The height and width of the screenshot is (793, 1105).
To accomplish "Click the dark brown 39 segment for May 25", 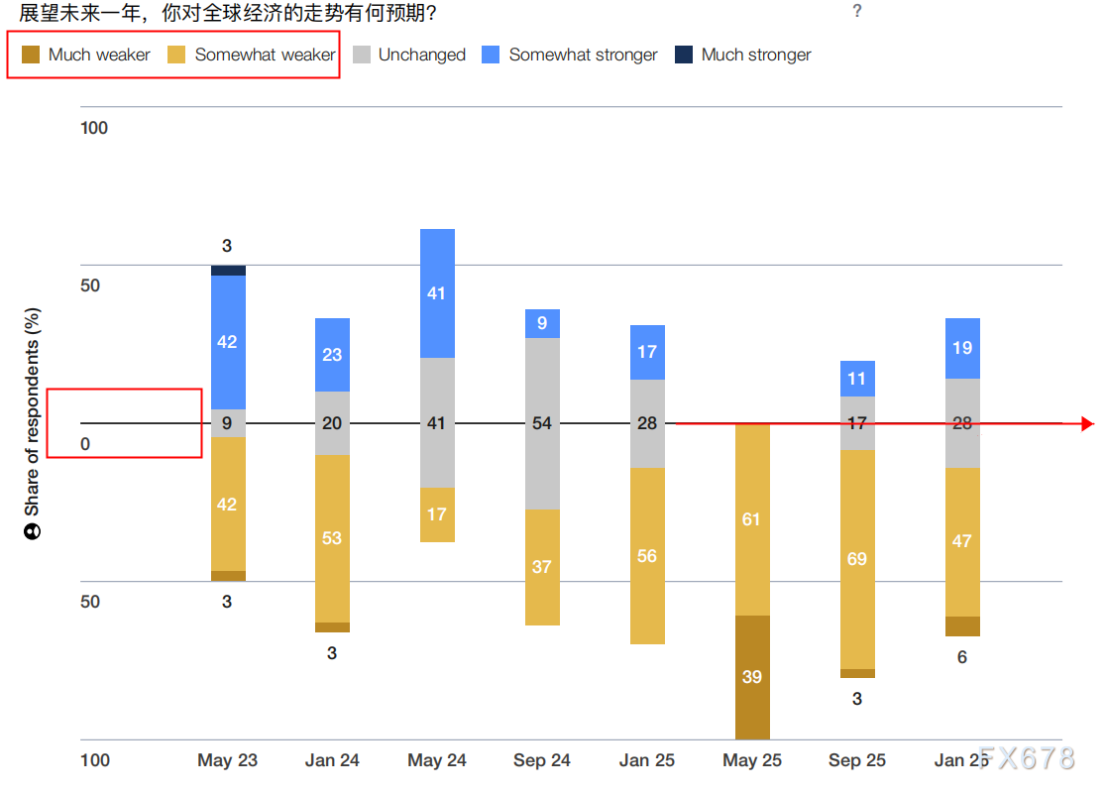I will (752, 677).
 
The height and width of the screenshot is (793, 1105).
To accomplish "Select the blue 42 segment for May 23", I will (228, 342).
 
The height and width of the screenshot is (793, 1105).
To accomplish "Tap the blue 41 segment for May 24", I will (437, 293).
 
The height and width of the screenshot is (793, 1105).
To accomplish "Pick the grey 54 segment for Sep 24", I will (542, 423).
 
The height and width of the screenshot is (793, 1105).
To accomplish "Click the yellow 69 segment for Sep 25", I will (857, 559).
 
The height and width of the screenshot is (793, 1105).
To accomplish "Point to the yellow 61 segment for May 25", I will (752, 519).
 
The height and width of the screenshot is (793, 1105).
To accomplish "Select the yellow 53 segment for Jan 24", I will (332, 538).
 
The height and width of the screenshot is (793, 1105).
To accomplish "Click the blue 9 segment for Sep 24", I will (542, 323).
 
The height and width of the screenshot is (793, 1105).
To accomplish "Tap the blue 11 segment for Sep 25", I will (857, 379).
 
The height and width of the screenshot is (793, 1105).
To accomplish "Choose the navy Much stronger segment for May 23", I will (228, 270).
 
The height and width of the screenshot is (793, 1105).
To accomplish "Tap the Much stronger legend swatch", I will (684, 55).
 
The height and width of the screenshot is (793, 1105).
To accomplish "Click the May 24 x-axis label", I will (437, 760).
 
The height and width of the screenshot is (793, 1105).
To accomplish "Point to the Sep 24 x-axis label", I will (542, 760).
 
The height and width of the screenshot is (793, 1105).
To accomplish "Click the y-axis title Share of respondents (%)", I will (33, 411).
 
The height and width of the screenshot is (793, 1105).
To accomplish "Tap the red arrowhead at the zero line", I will (1087, 424).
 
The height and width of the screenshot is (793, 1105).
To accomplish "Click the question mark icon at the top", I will (857, 11).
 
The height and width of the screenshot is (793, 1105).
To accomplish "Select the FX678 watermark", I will (1026, 758).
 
